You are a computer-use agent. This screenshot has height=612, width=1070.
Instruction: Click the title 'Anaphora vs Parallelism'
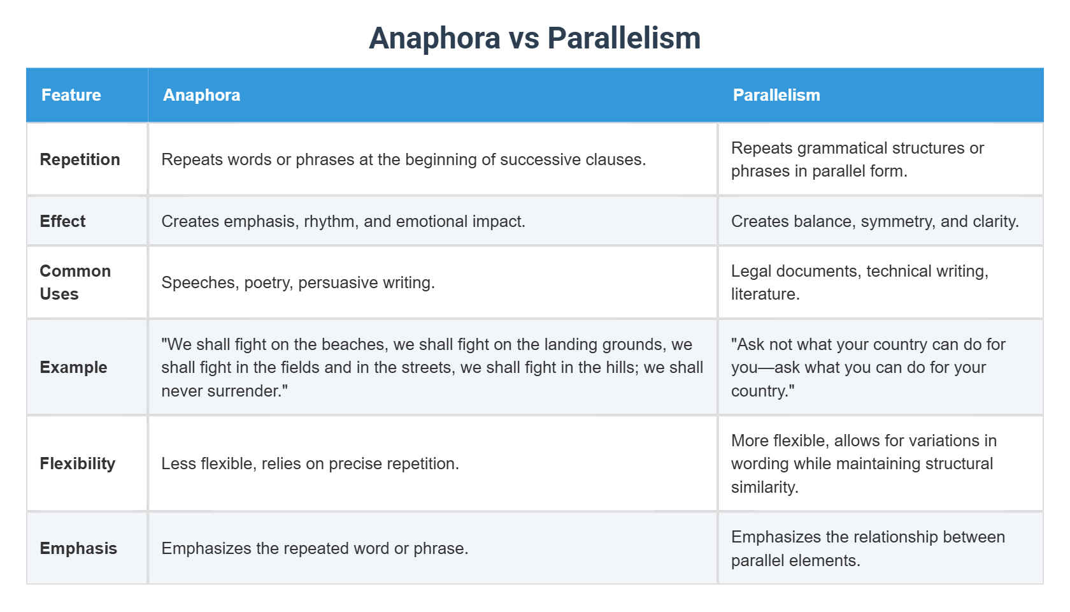pos(534,38)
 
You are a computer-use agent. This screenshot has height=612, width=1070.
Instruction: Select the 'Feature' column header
pos(71,95)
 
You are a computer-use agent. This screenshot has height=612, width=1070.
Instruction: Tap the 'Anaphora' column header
pos(201,95)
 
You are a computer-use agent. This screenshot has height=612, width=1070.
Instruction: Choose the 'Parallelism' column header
pos(776,95)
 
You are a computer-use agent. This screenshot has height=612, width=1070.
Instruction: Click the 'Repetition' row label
pos(80,159)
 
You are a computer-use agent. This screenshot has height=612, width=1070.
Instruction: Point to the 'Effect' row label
pos(62,221)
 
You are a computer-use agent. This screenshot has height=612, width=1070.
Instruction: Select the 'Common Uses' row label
pos(75,282)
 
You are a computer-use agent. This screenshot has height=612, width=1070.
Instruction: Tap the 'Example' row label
pos(74,367)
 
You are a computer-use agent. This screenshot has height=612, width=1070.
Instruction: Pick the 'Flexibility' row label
pos(78,463)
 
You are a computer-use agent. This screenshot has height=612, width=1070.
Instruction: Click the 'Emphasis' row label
pos(78,548)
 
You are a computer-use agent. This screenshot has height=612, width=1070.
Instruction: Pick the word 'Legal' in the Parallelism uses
pos(752,271)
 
